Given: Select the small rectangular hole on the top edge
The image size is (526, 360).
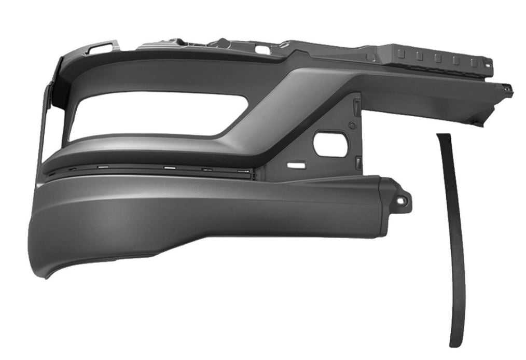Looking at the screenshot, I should point(263,51).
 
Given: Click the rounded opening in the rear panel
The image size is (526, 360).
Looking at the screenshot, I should point(330,145).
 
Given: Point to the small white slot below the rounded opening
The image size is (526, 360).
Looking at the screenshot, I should point(297,166).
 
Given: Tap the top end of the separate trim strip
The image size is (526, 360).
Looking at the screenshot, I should point(442,136).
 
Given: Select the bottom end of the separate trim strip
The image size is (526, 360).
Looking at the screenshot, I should point(456,343).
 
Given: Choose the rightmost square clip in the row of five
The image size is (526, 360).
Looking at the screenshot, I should point(473,62).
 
